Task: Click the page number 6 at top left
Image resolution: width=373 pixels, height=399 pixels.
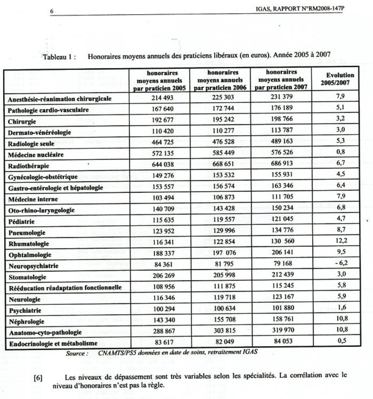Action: pos(52,11)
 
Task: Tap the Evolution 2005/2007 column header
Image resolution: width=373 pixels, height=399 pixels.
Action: pos(340,79)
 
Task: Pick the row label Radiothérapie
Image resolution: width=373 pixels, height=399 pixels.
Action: pos(29,166)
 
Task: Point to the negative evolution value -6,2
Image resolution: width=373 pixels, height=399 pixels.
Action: pos(341,263)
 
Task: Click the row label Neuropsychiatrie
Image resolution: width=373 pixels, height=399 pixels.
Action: pos(34,266)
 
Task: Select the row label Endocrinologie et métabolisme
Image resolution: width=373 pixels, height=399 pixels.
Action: pos(53,344)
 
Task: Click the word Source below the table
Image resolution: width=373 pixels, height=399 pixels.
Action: pos(75,353)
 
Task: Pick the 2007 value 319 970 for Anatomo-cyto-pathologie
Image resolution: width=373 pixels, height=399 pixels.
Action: pos(281,330)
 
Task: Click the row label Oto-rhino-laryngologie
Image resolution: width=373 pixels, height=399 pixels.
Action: pos(41,210)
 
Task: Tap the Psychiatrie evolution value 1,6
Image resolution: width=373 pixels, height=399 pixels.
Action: pos(341,307)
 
